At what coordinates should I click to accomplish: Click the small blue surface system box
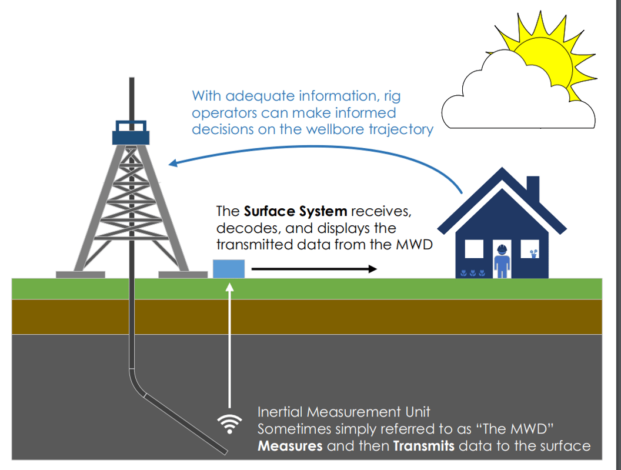click(228, 269)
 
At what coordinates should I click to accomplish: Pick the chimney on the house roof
click(532, 187)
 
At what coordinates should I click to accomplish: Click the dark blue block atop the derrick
click(131, 136)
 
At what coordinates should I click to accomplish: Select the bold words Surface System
click(295, 211)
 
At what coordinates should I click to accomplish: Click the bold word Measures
click(290, 446)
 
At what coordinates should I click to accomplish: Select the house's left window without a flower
click(473, 249)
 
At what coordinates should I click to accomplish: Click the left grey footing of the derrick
click(80, 274)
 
